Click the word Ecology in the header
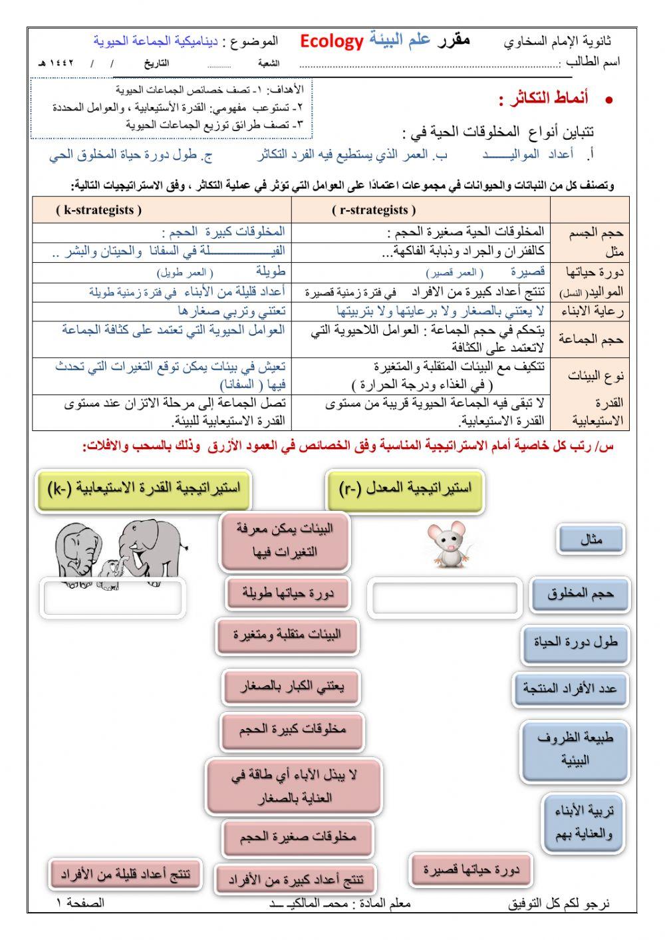pyautogui.click(x=331, y=42)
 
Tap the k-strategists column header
pyautogui.click(x=99, y=210)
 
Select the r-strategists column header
pyautogui.click(x=374, y=210)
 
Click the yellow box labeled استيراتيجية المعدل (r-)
pyautogui.click(x=405, y=490)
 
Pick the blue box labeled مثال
pyautogui.click(x=591, y=540)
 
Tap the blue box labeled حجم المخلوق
pyautogui.click(x=581, y=594)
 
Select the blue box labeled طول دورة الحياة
pyautogui.click(x=575, y=643)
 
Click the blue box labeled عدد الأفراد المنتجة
pyautogui.click(x=570, y=689)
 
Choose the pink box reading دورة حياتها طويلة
pyautogui.click(x=289, y=593)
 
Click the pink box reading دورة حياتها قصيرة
pyautogui.click(x=471, y=869)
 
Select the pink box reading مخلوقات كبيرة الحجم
pyautogui.click(x=293, y=730)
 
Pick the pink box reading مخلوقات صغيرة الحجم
pyautogui.click(x=298, y=836)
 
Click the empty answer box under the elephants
pyautogui.click(x=112, y=598)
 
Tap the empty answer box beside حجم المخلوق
pyautogui.click(x=444, y=598)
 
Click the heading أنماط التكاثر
pyautogui.click(x=543, y=100)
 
